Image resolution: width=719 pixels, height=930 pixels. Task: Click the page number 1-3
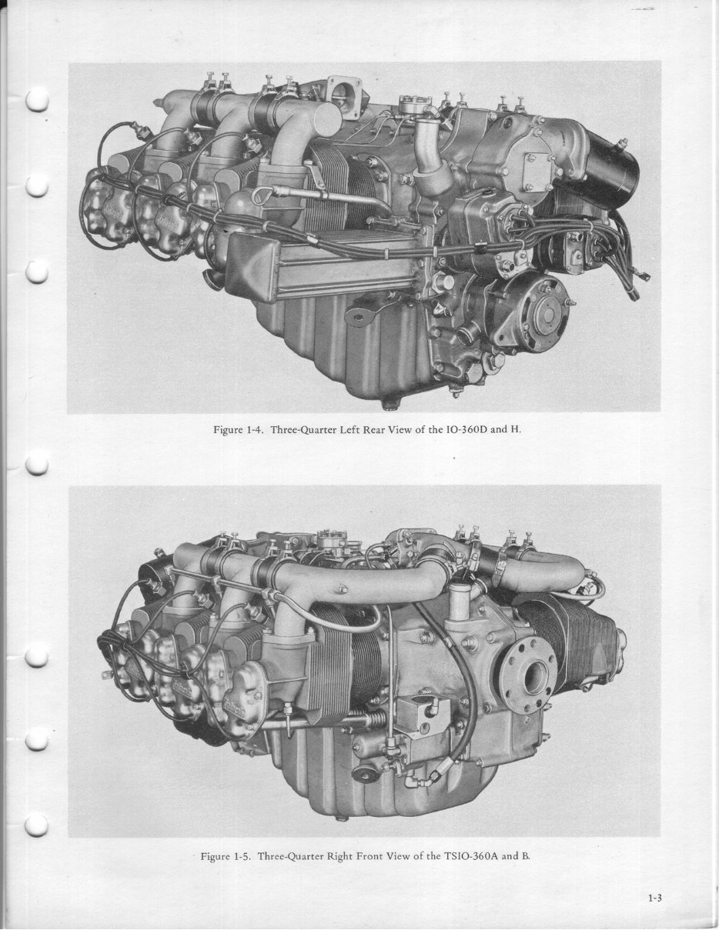(656, 897)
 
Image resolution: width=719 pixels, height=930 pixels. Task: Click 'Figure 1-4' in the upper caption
(239, 429)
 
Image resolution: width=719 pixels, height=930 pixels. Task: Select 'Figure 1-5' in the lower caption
(226, 855)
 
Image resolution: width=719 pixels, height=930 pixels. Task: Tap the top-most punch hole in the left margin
(37, 101)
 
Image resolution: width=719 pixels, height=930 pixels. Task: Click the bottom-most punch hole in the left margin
(37, 825)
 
